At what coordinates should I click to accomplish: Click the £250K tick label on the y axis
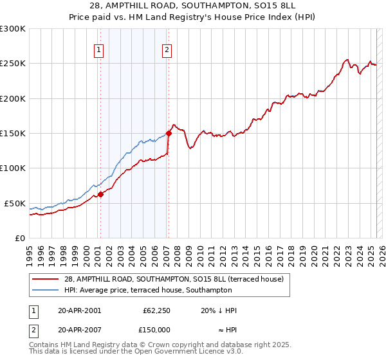coord(12,64)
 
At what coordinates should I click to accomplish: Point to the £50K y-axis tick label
coord(14,203)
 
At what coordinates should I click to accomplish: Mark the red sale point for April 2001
coord(100,195)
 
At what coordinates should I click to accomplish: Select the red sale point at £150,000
coord(169,134)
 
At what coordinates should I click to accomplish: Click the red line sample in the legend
coord(46,278)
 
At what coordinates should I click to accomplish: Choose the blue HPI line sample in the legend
coord(46,290)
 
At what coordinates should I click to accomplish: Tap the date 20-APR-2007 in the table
coord(78,329)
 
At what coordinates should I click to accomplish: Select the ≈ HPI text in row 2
coord(226,329)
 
